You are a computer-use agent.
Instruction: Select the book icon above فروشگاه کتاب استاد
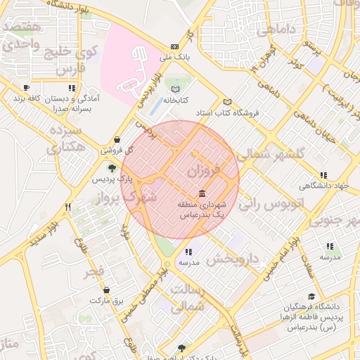[x=226, y=101]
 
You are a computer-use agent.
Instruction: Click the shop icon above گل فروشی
[x=116, y=139]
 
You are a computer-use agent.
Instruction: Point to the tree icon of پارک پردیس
[x=111, y=168]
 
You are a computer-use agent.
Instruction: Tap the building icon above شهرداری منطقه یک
[x=202, y=193]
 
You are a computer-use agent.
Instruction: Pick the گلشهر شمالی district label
[x=273, y=154]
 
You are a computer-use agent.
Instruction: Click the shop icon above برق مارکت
[x=106, y=290]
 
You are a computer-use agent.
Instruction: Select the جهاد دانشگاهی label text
[x=323, y=186]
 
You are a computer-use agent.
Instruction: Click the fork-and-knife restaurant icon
[x=67, y=207]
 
